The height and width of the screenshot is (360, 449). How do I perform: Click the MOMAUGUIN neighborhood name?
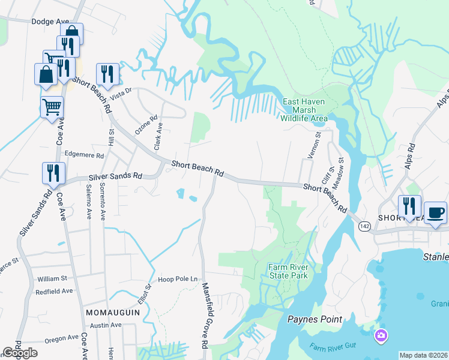coord(112,314)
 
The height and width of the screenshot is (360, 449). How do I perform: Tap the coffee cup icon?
coord(436,213)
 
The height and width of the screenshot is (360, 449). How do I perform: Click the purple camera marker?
coord(380,334)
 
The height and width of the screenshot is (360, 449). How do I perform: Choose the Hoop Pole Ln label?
coord(178,279)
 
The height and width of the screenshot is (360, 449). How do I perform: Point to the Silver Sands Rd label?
coord(115,176)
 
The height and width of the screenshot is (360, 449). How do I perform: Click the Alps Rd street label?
coord(411,155)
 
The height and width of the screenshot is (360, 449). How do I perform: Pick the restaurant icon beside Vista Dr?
coord(107,74)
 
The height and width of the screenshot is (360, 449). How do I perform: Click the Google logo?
coord(20,353)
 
